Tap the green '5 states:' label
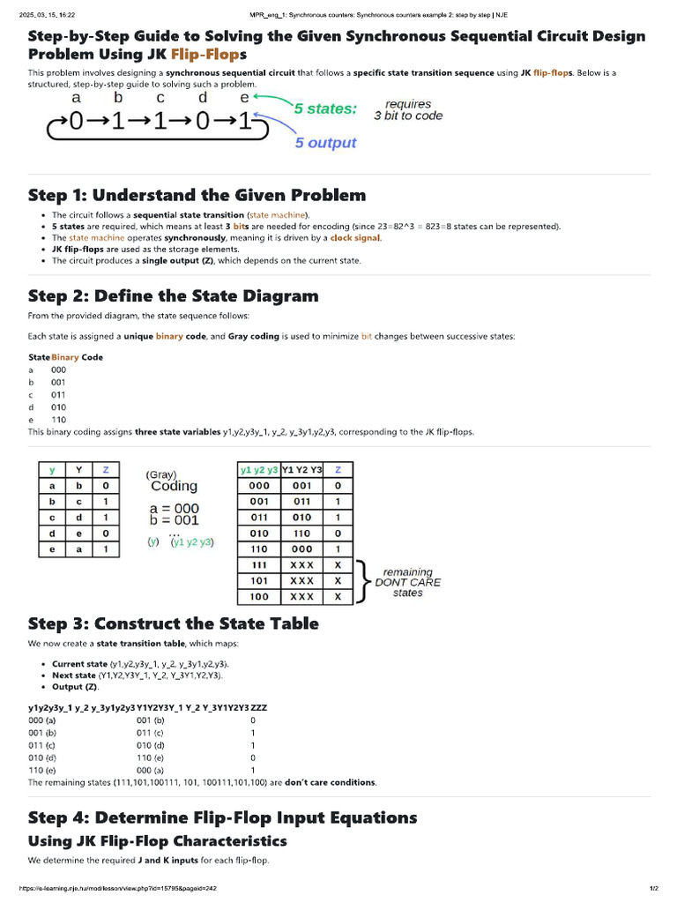325,109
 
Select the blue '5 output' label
325,143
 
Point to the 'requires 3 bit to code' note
408,109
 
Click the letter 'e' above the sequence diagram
244,97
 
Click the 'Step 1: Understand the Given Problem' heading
197,195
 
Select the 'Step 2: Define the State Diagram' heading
173,295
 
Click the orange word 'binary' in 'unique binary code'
169,337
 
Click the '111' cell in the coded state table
259,564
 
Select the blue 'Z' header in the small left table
106,470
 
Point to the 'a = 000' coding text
175,508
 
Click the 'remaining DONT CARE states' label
407,582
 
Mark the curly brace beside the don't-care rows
362,580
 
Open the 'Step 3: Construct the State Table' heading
173,623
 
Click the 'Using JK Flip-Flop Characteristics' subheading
157,840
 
